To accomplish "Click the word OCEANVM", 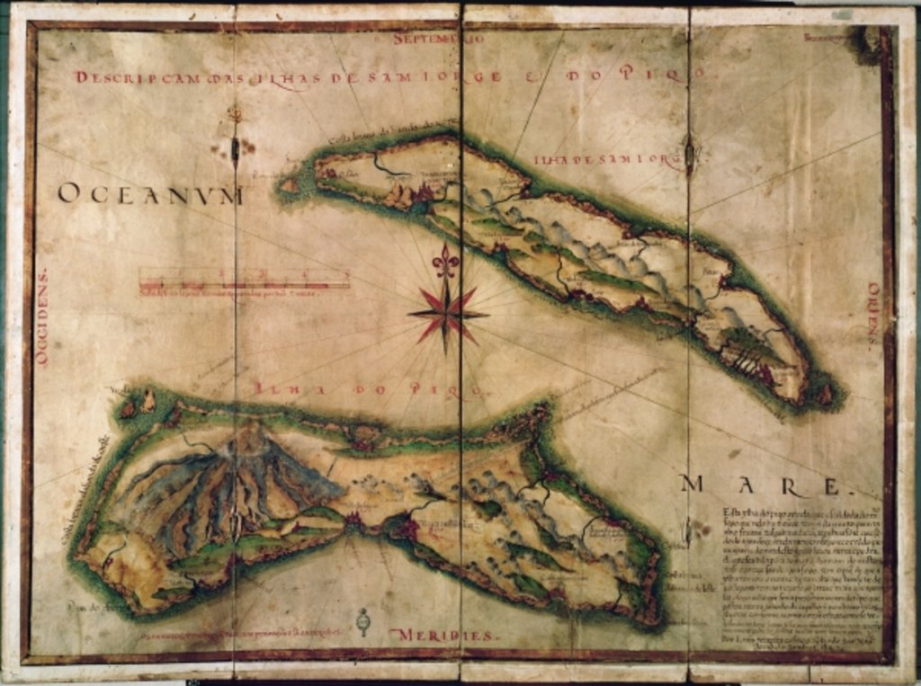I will [150, 194].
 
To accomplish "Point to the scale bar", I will [244, 283].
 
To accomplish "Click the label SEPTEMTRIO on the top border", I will [440, 40].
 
